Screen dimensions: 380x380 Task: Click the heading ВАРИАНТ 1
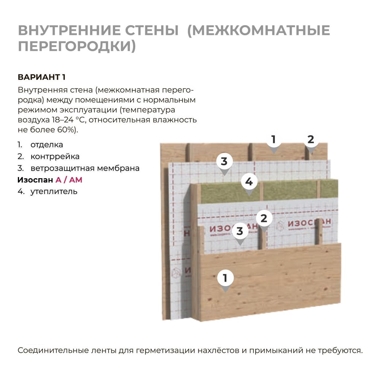click(x=41, y=77)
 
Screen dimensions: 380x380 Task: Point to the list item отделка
click(x=47, y=145)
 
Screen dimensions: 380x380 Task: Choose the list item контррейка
click(x=55, y=157)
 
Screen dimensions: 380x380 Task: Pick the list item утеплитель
click(x=54, y=192)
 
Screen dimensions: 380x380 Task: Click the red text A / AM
click(x=69, y=180)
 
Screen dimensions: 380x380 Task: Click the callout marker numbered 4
click(x=249, y=182)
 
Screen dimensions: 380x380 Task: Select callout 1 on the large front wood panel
click(x=225, y=279)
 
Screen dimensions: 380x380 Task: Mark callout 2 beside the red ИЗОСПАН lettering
click(x=264, y=219)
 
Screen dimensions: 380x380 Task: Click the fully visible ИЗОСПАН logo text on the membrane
click(x=309, y=222)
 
